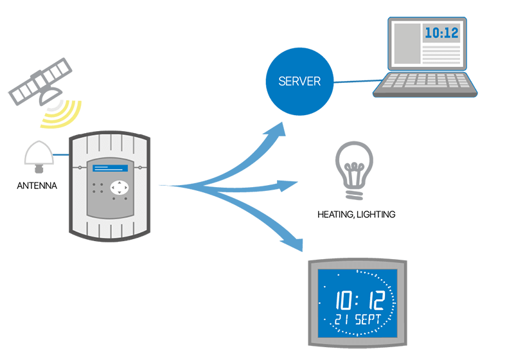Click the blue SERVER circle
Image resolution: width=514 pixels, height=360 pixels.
(x=299, y=81)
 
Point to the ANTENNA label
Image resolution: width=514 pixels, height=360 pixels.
(x=37, y=186)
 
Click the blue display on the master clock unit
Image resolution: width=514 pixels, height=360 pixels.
(x=110, y=168)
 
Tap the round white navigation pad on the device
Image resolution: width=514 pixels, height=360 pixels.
(x=120, y=188)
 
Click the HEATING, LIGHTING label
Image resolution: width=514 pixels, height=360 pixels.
(x=357, y=215)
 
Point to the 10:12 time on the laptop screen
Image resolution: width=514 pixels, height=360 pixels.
(x=441, y=33)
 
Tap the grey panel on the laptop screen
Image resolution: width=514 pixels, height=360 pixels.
(x=407, y=44)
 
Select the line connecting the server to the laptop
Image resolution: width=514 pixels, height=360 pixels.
(x=358, y=81)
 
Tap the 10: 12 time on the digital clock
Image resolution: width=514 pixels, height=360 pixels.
(x=360, y=300)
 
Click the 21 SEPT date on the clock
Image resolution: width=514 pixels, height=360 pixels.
(x=358, y=319)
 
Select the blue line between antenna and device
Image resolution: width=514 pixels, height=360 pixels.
(x=61, y=155)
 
